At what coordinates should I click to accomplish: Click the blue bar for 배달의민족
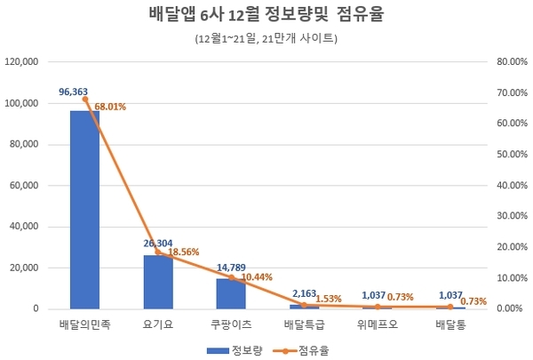pyautogui.click(x=85, y=210)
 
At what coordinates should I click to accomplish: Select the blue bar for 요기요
pyautogui.click(x=158, y=282)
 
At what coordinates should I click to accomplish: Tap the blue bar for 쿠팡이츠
pyautogui.click(x=231, y=293)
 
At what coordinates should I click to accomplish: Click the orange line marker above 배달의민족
pyautogui.click(x=85, y=100)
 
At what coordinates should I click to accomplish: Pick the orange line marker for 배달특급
pyautogui.click(x=304, y=305)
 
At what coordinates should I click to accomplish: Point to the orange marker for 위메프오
pyautogui.click(x=378, y=307)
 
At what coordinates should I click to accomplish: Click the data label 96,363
pyautogui.click(x=73, y=92)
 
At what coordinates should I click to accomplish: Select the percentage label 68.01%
pyautogui.click(x=110, y=107)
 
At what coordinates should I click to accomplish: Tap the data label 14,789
pyautogui.click(x=231, y=268)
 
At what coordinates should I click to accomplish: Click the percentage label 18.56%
pyautogui.click(x=184, y=252)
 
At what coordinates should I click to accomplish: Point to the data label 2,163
pyautogui.click(x=304, y=293)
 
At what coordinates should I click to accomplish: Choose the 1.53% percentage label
pyautogui.click(x=329, y=299)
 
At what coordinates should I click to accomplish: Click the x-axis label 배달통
pyautogui.click(x=450, y=324)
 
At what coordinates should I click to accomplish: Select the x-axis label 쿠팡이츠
pyautogui.click(x=231, y=324)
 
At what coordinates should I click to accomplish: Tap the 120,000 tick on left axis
pyautogui.click(x=21, y=62)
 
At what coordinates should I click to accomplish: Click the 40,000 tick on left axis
pyautogui.click(x=24, y=227)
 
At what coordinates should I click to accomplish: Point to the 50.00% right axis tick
pyautogui.click(x=513, y=155)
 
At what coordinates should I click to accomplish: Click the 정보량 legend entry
pyautogui.click(x=235, y=350)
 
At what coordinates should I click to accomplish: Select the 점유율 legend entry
pyautogui.click(x=301, y=350)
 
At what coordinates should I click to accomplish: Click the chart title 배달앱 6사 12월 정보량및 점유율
pyautogui.click(x=266, y=14)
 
